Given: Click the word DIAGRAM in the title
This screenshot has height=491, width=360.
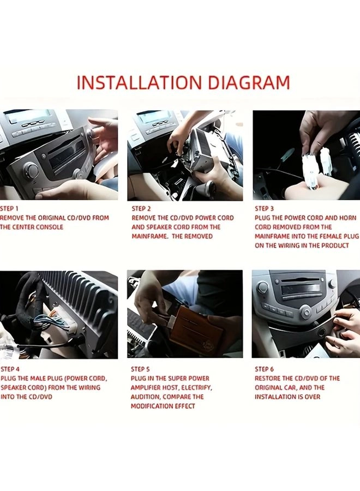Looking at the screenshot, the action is (x=249, y=82).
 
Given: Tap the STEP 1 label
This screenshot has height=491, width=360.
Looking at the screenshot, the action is (x=9, y=208).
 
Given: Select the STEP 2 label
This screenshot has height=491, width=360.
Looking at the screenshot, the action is (x=141, y=208).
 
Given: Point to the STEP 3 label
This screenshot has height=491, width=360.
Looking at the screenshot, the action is (x=264, y=208).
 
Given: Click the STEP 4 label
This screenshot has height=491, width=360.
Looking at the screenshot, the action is (x=10, y=369).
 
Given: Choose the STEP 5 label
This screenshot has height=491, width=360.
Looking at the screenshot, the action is (x=140, y=369).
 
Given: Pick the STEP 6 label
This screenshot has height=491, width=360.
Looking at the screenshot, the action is (x=264, y=369).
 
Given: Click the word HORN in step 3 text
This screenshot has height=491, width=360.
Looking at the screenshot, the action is (x=347, y=218).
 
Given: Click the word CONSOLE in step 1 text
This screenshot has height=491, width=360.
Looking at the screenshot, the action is (x=50, y=227).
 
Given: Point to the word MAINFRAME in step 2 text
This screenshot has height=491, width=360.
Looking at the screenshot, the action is (x=149, y=236).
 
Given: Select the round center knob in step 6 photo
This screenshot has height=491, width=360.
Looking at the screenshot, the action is (x=306, y=312).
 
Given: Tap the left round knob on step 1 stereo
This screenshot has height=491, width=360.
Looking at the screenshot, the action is (x=31, y=170).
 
